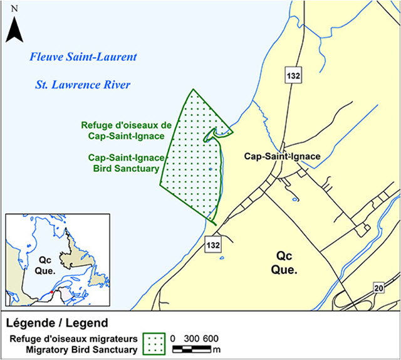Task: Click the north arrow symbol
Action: pos(15,29)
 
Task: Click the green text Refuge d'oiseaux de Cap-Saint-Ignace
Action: pos(122,130)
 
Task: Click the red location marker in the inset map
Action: pos(53,293)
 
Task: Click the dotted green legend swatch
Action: pos(154,343)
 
